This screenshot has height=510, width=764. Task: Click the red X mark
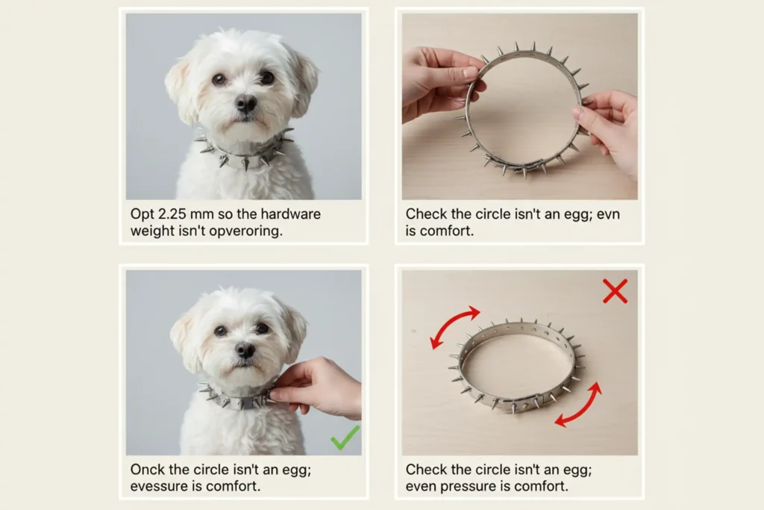(x=615, y=290)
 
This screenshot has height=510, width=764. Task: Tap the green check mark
(x=345, y=437)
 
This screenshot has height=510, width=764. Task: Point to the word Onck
(x=148, y=470)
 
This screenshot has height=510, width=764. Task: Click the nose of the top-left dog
(x=246, y=103)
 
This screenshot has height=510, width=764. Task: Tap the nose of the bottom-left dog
(x=245, y=349)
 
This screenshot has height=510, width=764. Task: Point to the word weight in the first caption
(x=151, y=231)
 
